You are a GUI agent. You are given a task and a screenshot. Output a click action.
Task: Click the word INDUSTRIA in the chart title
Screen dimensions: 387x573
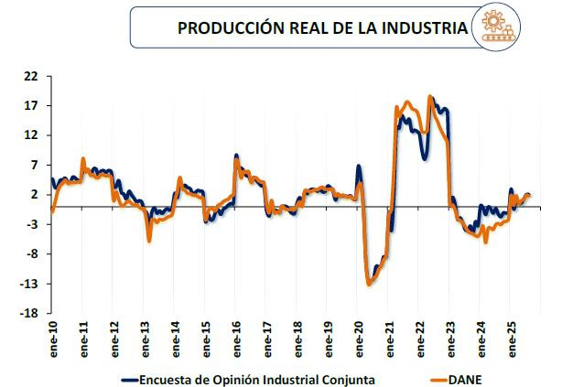pyautogui.click(x=420, y=27)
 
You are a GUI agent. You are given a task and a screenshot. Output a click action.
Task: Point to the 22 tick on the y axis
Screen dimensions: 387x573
pyautogui.click(x=30, y=76)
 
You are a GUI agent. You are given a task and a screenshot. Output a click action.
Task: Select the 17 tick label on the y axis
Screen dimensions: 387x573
pyautogui.click(x=30, y=106)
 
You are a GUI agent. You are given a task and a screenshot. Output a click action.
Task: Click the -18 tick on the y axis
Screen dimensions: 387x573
pyautogui.click(x=28, y=314)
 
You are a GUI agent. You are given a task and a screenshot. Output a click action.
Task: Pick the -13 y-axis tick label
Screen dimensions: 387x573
pyautogui.click(x=28, y=285)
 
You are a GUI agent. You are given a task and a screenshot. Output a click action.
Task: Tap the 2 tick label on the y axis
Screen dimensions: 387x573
pyautogui.click(x=33, y=195)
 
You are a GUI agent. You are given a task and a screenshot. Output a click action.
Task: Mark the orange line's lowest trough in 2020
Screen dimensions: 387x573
pyautogui.click(x=369, y=284)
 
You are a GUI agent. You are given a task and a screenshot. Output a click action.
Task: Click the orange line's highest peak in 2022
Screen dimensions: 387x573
pyautogui.click(x=430, y=96)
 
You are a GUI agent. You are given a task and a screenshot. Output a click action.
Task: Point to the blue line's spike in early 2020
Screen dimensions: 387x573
pyautogui.click(x=358, y=167)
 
